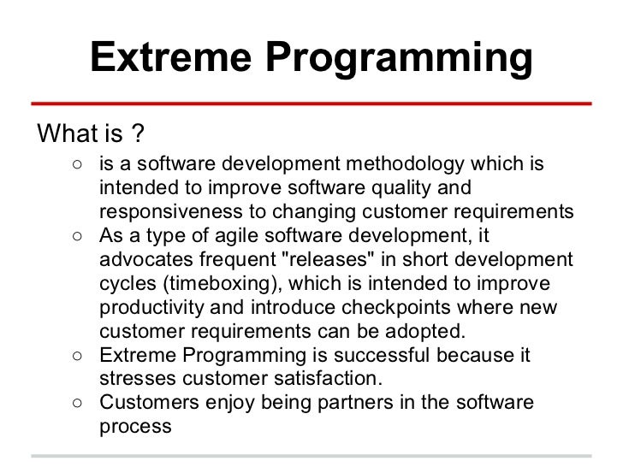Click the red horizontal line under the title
(311, 103)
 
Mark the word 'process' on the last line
(135, 426)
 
